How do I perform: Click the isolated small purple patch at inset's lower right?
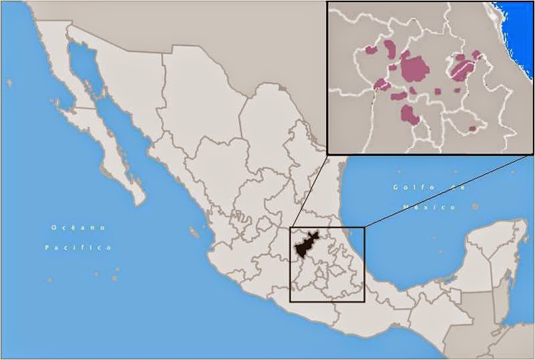(x=473, y=128)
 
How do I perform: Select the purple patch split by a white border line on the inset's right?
(x=460, y=67)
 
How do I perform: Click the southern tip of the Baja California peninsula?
(x=140, y=200)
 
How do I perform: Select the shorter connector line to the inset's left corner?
(x=309, y=190)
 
